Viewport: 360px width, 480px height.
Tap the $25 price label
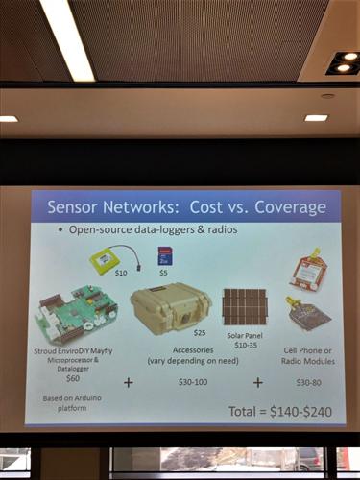coord(199,332)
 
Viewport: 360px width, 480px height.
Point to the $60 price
coord(73,378)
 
